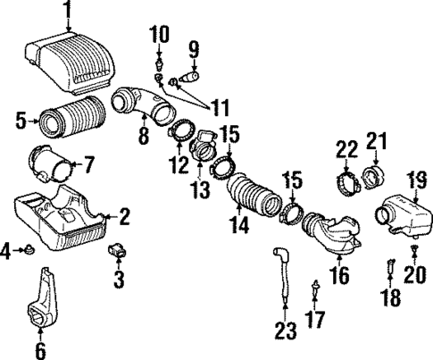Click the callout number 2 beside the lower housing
click(125, 216)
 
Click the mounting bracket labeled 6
click(45, 304)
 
